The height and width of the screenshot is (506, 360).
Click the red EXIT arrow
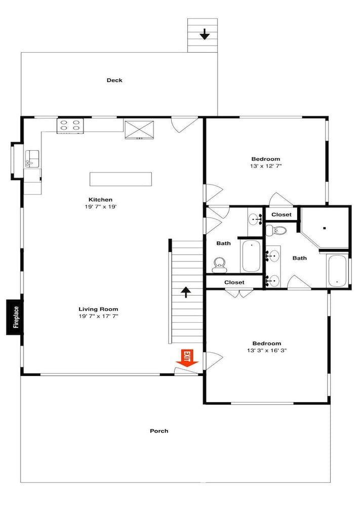click(187, 358)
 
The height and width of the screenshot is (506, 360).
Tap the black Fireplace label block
click(15, 317)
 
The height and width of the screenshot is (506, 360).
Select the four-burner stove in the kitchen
click(70, 126)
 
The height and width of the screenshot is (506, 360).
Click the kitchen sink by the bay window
click(32, 159)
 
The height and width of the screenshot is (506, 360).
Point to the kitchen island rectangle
click(121, 179)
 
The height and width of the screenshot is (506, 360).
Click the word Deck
click(114, 80)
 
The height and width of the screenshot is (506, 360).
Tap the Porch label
click(159, 431)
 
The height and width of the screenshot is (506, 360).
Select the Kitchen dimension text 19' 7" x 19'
click(100, 206)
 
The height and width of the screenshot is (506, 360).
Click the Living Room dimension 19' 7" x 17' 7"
click(98, 316)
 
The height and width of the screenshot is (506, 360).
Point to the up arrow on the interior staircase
click(186, 292)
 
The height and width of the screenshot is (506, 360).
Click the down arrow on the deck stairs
click(204, 34)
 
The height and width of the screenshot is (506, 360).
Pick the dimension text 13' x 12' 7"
click(266, 166)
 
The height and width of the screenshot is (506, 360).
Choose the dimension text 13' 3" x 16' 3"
click(267, 351)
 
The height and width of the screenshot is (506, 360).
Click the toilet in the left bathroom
click(220, 265)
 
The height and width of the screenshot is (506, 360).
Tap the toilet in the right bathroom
click(276, 230)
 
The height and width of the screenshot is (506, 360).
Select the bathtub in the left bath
click(251, 256)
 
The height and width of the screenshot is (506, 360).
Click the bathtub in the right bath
click(337, 271)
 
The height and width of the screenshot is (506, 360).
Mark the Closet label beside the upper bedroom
click(281, 215)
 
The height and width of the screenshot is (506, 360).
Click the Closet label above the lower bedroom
click(234, 282)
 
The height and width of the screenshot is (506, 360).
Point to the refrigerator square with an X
click(139, 130)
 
